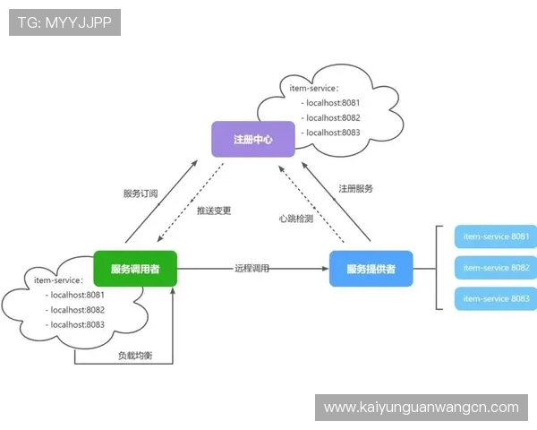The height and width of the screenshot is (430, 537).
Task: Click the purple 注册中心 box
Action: (x=252, y=140)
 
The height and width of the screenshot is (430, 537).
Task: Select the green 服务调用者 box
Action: (x=135, y=268)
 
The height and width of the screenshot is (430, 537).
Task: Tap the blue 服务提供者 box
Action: (x=371, y=268)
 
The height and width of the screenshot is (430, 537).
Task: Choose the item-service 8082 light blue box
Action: (x=496, y=268)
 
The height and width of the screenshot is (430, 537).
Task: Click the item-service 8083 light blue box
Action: (x=496, y=298)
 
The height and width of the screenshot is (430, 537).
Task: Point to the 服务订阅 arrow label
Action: (x=140, y=193)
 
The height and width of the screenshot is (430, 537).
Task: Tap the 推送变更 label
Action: (x=214, y=211)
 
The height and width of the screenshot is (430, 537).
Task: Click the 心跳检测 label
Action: (x=295, y=219)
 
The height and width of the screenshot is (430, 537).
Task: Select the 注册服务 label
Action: (x=355, y=189)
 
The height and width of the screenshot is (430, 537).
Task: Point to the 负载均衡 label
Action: (x=135, y=356)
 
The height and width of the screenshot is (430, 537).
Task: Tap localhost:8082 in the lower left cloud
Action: (x=78, y=309)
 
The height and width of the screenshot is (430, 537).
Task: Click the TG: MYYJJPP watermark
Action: (x=64, y=22)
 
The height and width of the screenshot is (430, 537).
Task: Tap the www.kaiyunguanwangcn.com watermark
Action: (x=421, y=408)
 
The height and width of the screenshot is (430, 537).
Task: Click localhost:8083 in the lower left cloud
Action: (x=78, y=324)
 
